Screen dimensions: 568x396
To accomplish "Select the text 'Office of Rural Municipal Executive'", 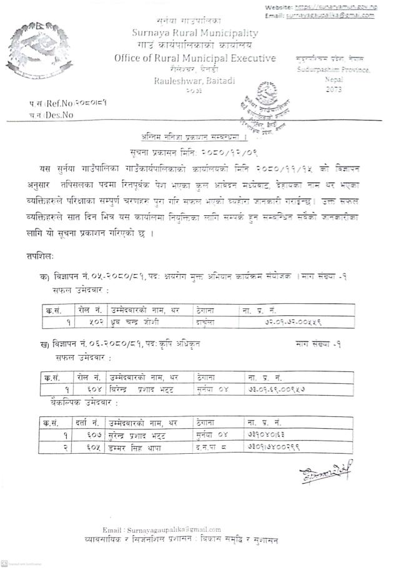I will pyautogui.click(x=195, y=59).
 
